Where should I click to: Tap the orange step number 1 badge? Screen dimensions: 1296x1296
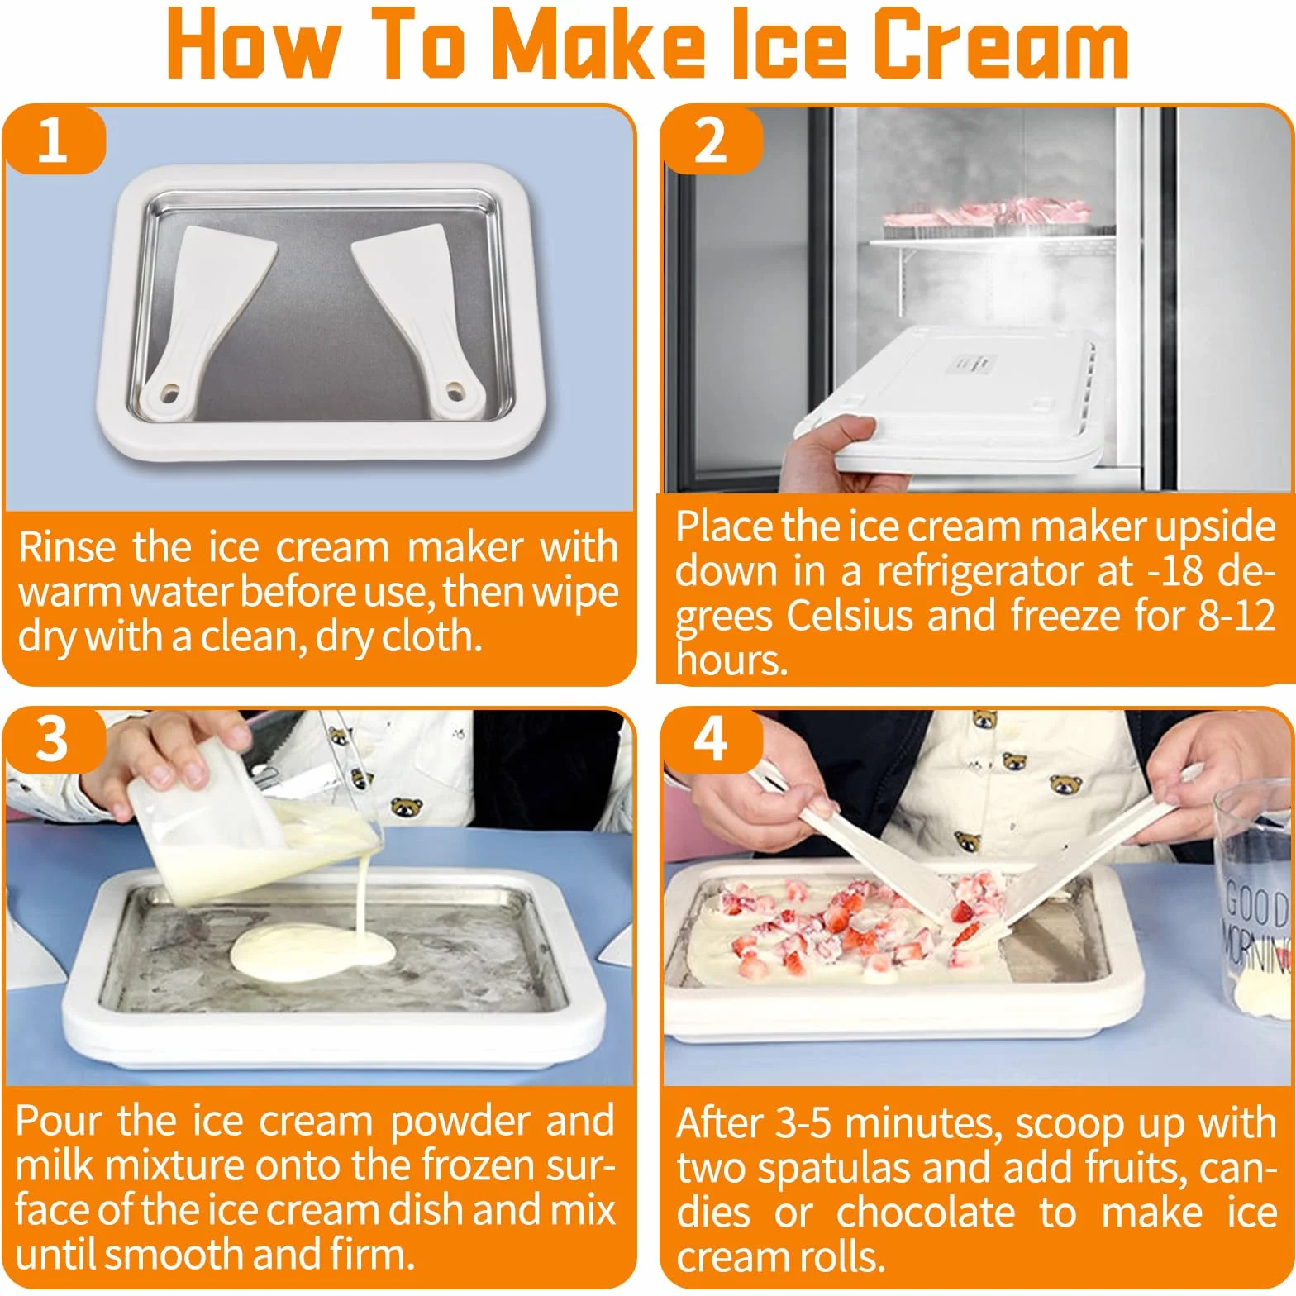(54, 140)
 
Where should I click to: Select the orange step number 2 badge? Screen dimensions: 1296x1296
(711, 140)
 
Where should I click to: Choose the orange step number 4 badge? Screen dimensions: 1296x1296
(711, 739)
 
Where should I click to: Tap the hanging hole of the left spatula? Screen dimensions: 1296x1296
(169, 389)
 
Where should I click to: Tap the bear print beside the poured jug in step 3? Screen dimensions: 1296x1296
(407, 808)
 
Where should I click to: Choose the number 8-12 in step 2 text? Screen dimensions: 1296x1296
(1236, 616)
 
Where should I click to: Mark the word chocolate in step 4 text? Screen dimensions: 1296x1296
(926, 1213)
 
